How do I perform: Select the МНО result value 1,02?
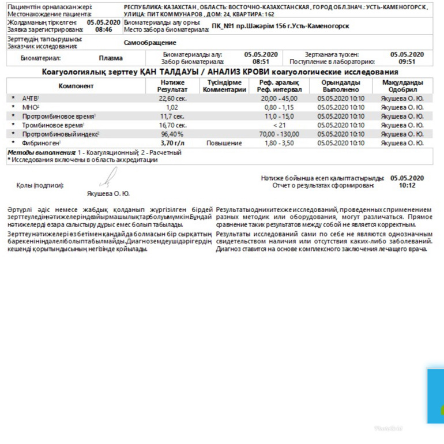(x=172, y=107)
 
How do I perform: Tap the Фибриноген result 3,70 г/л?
(x=173, y=142)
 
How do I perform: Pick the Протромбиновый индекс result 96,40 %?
(x=172, y=134)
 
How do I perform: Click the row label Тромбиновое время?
(x=52, y=125)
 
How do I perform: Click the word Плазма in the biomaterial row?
(x=110, y=58)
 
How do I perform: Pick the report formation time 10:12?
(x=407, y=185)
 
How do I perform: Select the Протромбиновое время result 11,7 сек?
(x=172, y=116)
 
